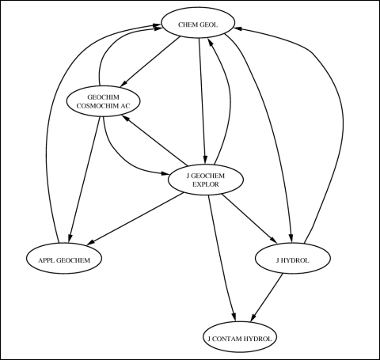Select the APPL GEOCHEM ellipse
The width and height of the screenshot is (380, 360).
coord(64,258)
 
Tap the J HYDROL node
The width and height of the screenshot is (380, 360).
coord(293,258)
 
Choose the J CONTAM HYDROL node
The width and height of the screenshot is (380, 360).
coord(240,337)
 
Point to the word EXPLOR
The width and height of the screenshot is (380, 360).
coord(206,184)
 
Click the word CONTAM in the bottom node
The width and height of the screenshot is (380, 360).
coord(226,339)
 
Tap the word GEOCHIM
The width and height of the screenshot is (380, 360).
coord(103,97)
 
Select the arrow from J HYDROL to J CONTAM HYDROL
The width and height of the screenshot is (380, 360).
coord(267,297)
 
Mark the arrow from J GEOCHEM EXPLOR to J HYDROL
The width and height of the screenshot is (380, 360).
coord(249,218)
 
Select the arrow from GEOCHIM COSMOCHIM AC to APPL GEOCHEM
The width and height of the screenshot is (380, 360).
coord(84,179)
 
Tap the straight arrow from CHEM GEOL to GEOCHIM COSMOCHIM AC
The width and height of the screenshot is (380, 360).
coord(150,62)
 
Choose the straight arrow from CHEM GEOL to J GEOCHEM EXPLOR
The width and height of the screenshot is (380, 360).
coord(202,100)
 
